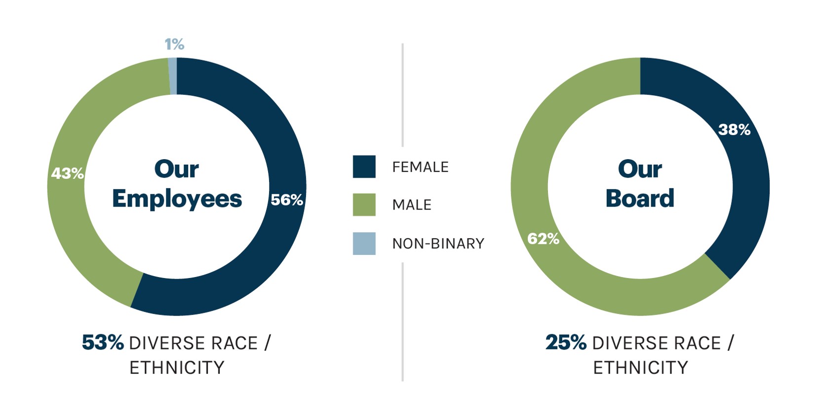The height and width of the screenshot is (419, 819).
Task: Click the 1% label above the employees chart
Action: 174,44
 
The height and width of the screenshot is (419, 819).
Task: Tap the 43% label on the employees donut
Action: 68,174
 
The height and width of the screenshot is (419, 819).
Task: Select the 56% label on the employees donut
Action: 286,200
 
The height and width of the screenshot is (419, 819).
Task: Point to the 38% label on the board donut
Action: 734,130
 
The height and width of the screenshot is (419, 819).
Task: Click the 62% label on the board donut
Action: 543,239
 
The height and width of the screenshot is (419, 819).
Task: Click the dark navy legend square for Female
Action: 364,167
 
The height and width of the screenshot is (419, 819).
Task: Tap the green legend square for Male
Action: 364,205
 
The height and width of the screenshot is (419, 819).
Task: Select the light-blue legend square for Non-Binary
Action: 364,244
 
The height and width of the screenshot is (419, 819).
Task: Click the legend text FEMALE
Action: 420,167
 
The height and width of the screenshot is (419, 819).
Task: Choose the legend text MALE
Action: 412,205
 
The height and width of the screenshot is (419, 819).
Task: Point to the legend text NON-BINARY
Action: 438,244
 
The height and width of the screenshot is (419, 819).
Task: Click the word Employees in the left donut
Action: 177,199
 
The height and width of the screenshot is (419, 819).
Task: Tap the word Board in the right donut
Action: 640,198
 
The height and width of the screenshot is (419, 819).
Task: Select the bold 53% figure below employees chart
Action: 103,343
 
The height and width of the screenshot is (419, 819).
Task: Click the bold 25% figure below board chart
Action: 566,343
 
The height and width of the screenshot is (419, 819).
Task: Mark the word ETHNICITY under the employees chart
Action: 177,368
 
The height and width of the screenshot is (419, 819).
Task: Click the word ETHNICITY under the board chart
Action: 640,368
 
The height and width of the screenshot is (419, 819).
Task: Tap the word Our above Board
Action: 640,169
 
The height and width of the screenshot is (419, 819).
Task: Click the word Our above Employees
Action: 176,169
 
